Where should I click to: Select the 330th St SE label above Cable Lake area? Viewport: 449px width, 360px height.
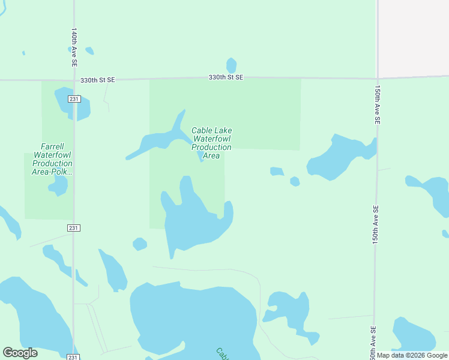coord(226,77)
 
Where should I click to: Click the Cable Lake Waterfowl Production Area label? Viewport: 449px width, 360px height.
coord(211,143)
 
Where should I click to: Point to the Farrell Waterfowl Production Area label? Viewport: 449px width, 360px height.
coord(52,158)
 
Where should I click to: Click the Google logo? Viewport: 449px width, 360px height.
coord(20,353)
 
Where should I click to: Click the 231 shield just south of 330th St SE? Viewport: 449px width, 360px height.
coord(74,99)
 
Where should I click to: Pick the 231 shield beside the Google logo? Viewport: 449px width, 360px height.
coord(72,357)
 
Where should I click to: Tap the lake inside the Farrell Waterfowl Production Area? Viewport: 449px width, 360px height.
coord(58,185)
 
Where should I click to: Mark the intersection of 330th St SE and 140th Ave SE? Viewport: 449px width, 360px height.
coord(74,80)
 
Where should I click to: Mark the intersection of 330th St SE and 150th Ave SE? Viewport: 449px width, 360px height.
coord(378,77)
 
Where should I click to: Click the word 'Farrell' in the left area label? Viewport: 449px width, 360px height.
coord(52,146)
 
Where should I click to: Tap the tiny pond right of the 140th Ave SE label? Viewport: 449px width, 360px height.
coord(89,50)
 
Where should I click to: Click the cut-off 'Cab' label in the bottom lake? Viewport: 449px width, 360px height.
coord(222,353)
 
